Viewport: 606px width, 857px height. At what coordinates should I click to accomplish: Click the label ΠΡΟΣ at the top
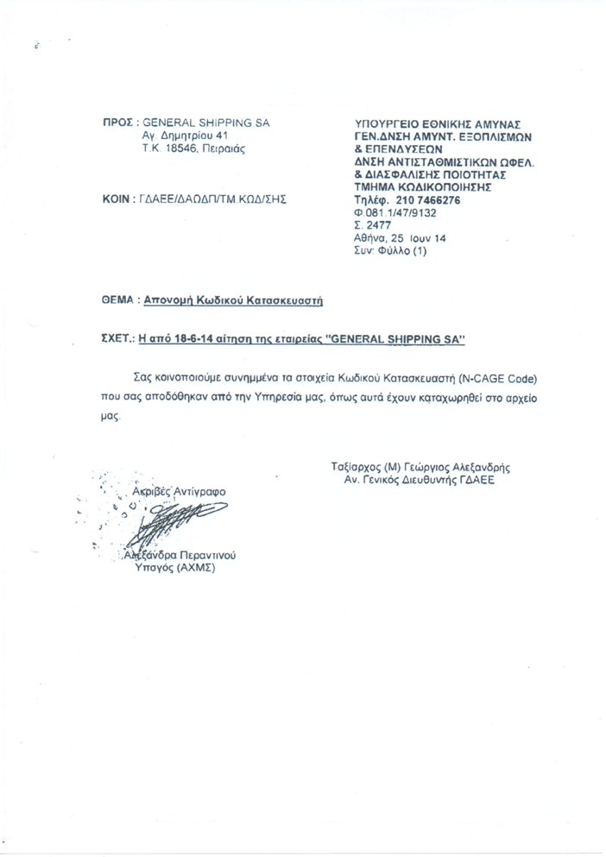[x=117, y=123]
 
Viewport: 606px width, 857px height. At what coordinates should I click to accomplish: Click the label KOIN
[x=117, y=199]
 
